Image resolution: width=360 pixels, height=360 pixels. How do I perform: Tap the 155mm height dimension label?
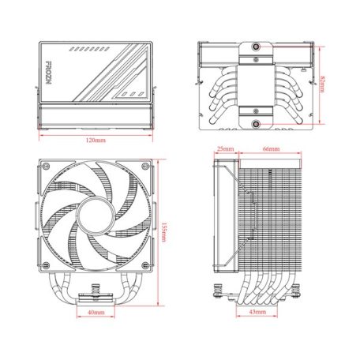(163, 232)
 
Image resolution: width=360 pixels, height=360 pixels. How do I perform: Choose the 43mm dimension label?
(257, 313)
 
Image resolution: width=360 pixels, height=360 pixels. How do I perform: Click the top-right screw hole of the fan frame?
(142, 167)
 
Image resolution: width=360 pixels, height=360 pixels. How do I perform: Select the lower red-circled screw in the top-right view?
(257, 123)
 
